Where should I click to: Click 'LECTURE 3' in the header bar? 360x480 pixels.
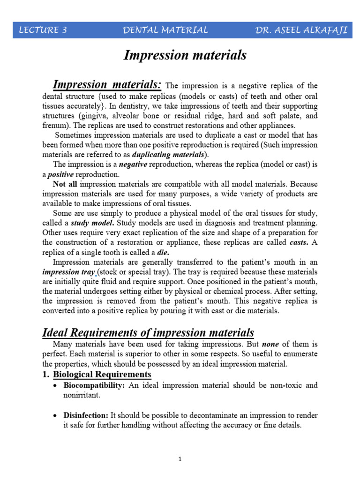pyautogui.click(x=43, y=30)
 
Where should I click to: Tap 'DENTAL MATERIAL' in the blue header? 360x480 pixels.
pyautogui.click(x=165, y=30)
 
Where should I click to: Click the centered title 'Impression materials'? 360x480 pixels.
pyautogui.click(x=185, y=55)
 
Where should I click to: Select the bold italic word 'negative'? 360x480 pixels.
pyautogui.click(x=133, y=164)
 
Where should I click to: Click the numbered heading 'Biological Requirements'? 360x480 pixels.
pyautogui.click(x=102, y=374)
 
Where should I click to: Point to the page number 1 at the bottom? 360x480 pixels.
pyautogui.click(x=180, y=459)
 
